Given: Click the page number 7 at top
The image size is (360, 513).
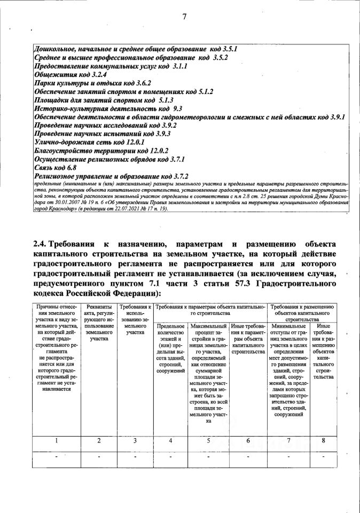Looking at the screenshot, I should [x=184, y=17].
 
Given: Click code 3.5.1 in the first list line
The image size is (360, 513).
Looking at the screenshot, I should [x=228, y=49].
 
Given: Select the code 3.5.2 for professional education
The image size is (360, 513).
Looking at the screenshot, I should [x=220, y=57].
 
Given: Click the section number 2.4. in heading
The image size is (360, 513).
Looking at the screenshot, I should [x=44, y=244].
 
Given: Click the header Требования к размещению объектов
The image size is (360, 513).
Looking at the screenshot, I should [x=303, y=310].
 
